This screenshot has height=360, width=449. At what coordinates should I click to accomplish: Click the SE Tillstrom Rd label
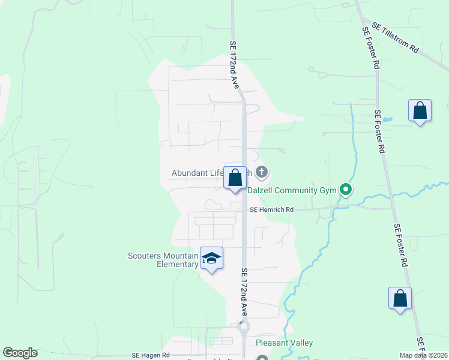coord(396,38)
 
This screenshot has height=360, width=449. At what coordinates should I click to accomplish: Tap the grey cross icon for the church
coord(261,173)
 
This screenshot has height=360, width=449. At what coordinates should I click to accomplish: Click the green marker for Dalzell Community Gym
coord(346,190)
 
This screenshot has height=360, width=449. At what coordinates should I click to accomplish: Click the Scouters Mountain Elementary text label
coord(163,260)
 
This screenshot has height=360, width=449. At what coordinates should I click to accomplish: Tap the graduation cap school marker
coord(211,259)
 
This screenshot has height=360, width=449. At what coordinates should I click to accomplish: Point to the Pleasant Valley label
coord(284,343)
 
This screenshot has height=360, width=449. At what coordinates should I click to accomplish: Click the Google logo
coord(20,353)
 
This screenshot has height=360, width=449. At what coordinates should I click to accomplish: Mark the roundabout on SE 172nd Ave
coord(244,328)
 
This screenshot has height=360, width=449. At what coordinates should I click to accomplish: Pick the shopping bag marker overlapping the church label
coord(235,178)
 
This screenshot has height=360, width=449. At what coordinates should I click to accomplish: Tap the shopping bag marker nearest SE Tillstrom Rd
coord(420,111)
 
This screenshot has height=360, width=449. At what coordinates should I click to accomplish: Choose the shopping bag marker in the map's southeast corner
coord(400,299)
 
